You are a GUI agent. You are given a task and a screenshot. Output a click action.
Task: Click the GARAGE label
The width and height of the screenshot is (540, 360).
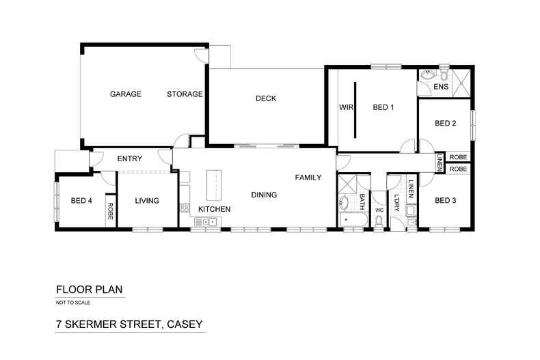(126, 94)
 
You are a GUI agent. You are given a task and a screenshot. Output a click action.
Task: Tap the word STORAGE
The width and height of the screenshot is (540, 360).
(185, 94)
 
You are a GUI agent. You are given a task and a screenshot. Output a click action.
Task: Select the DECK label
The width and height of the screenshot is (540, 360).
(266, 98)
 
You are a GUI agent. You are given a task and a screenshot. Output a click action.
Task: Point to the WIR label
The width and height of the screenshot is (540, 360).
(345, 107)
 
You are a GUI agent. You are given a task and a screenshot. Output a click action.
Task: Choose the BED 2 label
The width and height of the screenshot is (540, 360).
(446, 124)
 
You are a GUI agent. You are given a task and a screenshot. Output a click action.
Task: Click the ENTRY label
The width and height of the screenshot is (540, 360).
(129, 159)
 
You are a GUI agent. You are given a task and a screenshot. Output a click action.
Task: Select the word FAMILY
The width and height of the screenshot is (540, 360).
(308, 178)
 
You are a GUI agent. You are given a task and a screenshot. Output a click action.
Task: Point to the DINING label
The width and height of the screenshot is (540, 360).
(264, 195)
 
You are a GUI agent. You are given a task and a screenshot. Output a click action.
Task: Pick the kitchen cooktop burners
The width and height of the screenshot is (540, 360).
(183, 208)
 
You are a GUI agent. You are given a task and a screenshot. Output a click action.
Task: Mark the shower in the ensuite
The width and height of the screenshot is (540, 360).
(461, 81)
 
